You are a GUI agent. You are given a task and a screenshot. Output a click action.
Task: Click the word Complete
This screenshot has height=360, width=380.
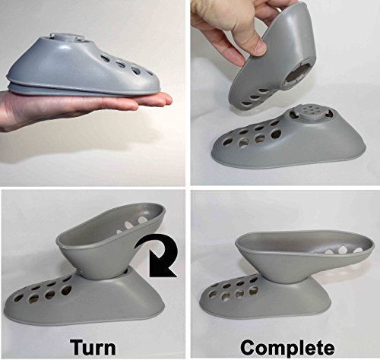click(x=287, y=347)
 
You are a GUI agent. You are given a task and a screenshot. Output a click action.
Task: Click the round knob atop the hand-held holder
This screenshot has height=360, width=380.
click(x=66, y=37)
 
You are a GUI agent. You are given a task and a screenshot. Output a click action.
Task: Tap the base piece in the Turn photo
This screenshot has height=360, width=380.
click(x=84, y=298)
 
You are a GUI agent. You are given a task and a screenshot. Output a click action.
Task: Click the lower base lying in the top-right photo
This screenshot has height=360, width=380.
click(x=289, y=142)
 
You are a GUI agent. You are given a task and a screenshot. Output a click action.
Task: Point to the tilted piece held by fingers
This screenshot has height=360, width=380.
click(x=274, y=61)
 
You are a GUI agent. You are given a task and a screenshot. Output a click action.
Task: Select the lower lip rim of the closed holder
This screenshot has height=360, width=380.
click(x=84, y=90)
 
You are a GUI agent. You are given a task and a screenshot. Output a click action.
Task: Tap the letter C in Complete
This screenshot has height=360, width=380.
click(x=248, y=347)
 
